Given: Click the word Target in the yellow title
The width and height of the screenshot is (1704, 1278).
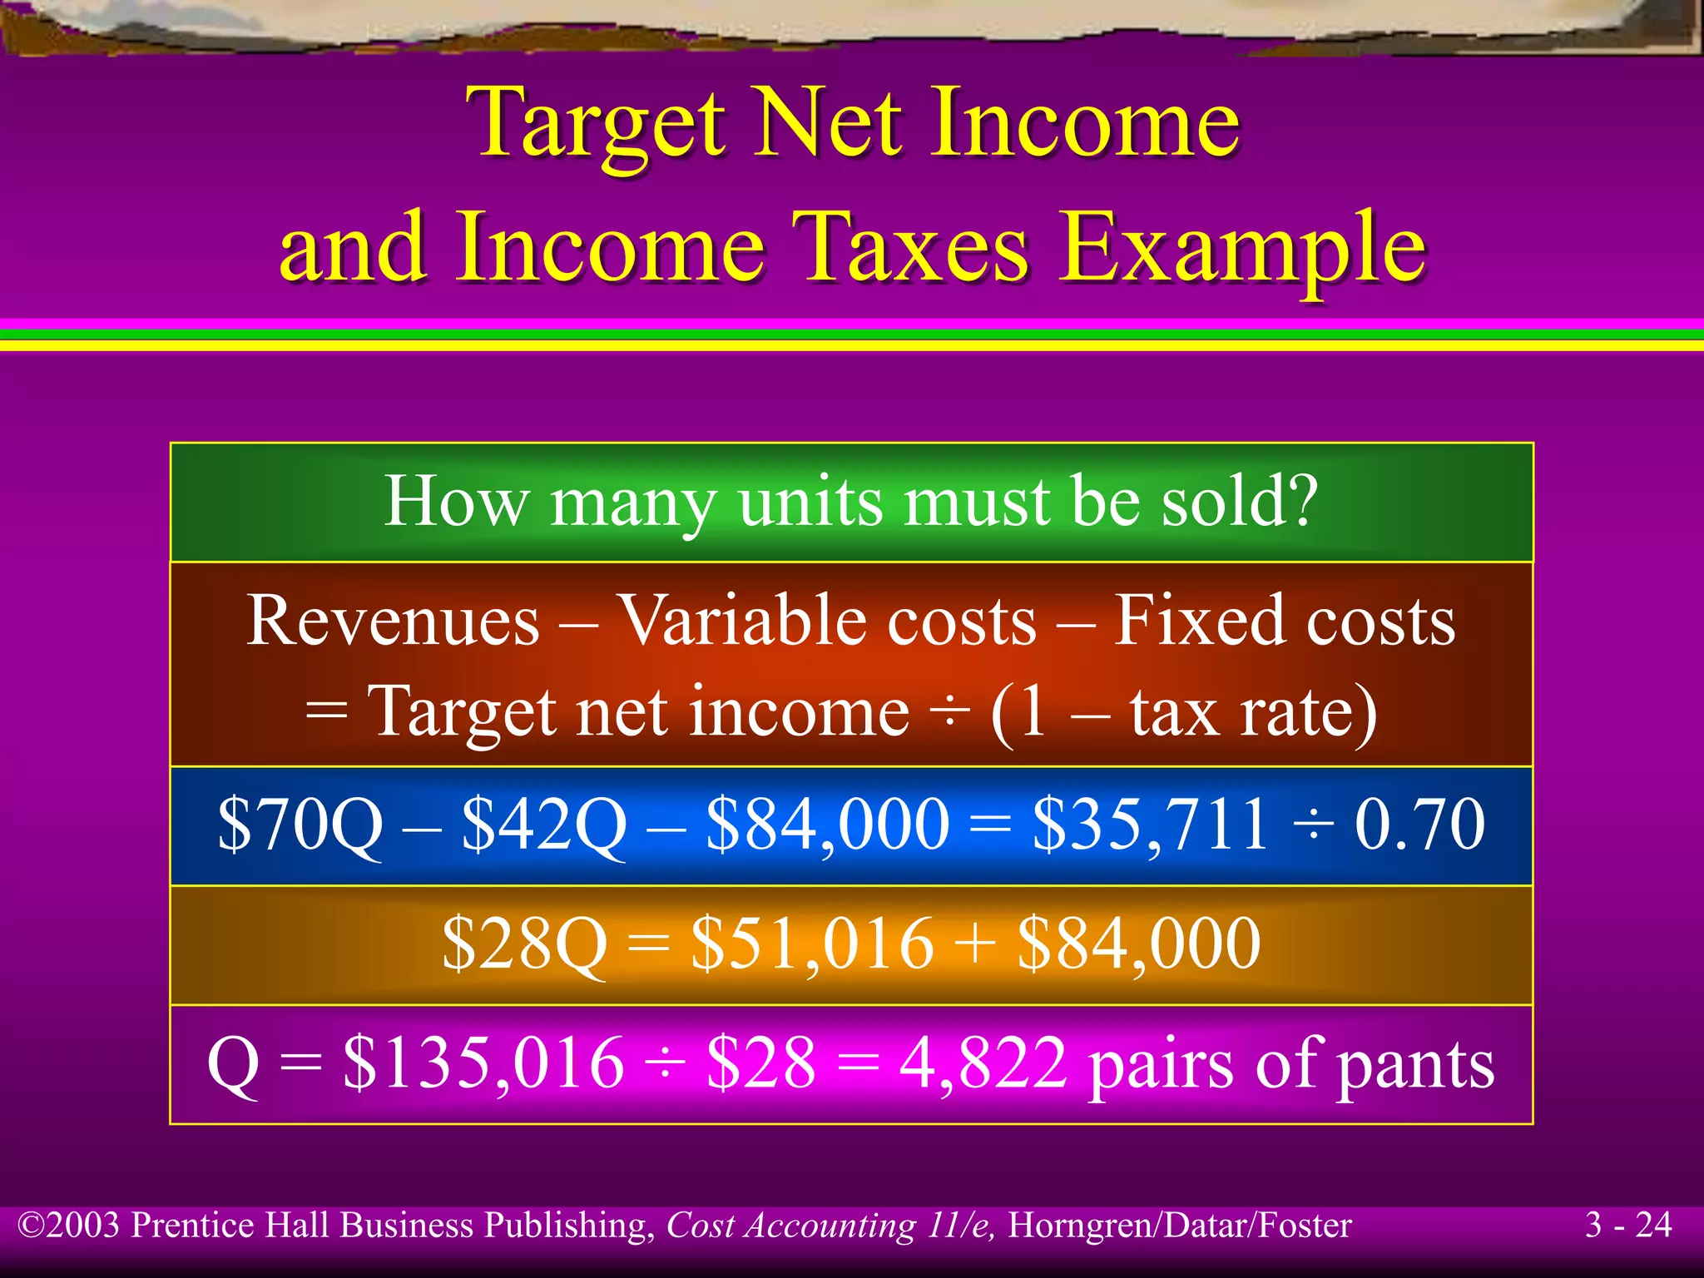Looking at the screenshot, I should tap(598, 125).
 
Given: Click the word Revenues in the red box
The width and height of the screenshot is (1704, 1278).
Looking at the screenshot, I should tap(393, 621).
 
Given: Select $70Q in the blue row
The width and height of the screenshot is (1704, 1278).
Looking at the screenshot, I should tap(300, 824).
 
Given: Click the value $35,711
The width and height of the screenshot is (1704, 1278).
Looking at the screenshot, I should tap(1150, 824).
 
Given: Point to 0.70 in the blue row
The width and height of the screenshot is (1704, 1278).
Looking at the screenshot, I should tap(1419, 824).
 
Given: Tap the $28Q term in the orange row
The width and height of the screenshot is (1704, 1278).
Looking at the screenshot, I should tap(524, 944).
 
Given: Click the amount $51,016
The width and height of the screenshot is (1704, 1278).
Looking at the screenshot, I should tap(812, 944).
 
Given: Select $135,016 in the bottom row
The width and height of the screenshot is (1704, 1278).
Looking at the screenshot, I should tap(483, 1063).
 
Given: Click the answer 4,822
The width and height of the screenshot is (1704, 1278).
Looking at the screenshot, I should tap(983, 1063).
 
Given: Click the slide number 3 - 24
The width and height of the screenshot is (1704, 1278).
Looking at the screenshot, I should tap(1627, 1225).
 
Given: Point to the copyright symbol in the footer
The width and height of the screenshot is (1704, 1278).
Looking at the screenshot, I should tap(31, 1226).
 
